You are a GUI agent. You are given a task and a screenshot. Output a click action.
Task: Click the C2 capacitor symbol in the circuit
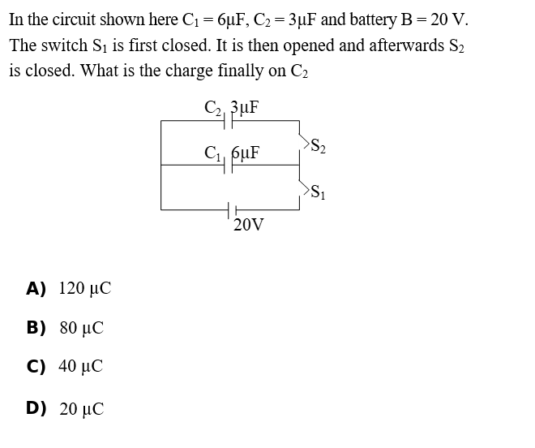(x=229, y=121)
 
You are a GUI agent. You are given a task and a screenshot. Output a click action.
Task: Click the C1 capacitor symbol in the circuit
(x=229, y=166)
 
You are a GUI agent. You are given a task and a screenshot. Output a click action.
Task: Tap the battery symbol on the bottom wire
(x=233, y=210)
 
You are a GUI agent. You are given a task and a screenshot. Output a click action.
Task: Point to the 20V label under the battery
(x=248, y=225)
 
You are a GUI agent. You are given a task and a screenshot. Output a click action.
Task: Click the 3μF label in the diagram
(x=245, y=107)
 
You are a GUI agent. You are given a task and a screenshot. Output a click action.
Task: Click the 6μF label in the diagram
(x=246, y=153)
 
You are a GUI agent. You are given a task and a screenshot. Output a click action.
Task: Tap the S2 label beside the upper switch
(x=318, y=145)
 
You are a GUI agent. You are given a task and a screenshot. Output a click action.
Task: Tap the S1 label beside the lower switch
(x=318, y=192)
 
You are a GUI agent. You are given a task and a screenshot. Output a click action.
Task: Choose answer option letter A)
(x=36, y=288)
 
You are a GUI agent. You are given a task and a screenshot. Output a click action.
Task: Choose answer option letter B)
(x=36, y=327)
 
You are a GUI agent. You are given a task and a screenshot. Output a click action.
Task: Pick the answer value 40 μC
(x=80, y=366)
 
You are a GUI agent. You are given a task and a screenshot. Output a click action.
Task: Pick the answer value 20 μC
(x=82, y=409)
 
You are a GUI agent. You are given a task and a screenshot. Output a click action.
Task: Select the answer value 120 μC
(x=85, y=288)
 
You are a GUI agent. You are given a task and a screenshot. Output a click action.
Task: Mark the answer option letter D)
(x=36, y=408)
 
